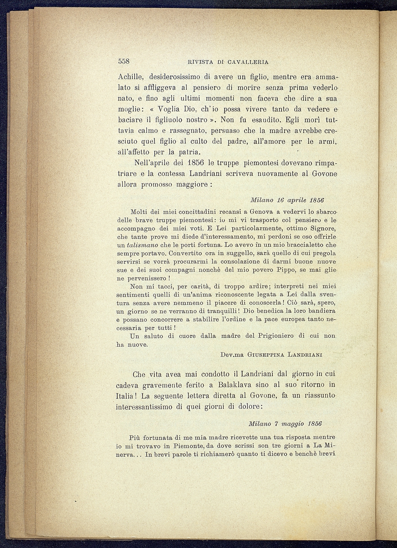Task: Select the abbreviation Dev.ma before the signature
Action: click(x=233, y=355)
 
